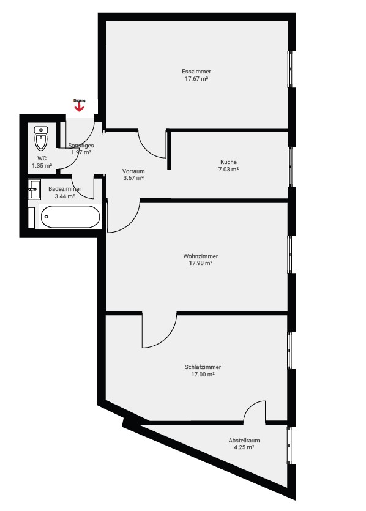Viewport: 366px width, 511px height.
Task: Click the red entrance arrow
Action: click(80, 107)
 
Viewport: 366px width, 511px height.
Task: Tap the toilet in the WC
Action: click(41, 138)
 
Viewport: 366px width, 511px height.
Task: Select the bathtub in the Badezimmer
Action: click(70, 217)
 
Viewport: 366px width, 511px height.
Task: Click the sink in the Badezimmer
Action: click(34, 189)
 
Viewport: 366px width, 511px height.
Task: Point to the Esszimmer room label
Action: click(196, 72)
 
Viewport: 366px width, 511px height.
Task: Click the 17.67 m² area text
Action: click(196, 79)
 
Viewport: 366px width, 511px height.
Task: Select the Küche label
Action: click(228, 162)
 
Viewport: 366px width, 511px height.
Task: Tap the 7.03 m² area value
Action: click(228, 170)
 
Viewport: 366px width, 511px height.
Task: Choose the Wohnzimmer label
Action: click(200, 256)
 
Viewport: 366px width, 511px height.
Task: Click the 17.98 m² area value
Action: click(200, 263)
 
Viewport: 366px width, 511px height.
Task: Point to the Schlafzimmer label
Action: click(203, 367)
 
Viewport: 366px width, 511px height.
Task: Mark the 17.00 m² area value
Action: click(203, 375)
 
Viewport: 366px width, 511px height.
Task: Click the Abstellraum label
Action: click(244, 440)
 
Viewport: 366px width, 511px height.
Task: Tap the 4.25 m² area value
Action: click(244, 447)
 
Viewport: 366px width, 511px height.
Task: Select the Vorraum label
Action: click(133, 171)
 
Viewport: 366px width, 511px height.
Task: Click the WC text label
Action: click(42, 159)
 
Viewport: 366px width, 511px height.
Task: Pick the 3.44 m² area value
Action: click(65, 196)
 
